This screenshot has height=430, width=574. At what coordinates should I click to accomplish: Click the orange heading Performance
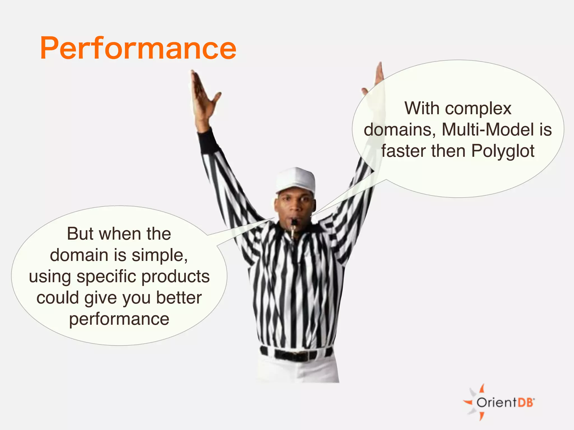[x=138, y=48]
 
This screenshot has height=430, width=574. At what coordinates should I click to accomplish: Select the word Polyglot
[x=503, y=151]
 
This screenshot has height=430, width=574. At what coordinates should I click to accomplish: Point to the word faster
[x=404, y=151]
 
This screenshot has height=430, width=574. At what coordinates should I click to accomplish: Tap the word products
[x=175, y=277]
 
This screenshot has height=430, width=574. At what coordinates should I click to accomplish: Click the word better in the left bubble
[x=179, y=298]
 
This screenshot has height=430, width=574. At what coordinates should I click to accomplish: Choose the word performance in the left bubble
[x=119, y=319]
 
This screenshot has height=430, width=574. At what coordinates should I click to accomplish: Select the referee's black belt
[x=296, y=354]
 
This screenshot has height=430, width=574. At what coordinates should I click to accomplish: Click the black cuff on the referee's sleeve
[x=207, y=141]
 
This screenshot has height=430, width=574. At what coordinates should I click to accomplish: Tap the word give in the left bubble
[x=101, y=298]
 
